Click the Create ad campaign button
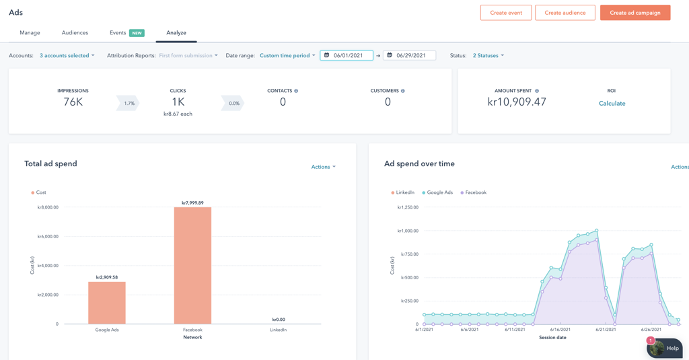click(x=634, y=13)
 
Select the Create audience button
click(x=565, y=13)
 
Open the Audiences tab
click(x=75, y=33)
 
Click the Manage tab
click(x=30, y=33)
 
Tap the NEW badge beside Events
click(x=137, y=33)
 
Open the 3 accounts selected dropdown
click(x=67, y=56)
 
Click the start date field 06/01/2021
click(x=347, y=56)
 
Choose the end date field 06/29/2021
click(x=410, y=56)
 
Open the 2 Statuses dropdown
click(x=488, y=56)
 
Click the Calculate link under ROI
click(x=612, y=104)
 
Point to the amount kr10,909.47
click(x=517, y=102)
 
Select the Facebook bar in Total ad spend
click(x=192, y=265)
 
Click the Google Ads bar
click(x=107, y=303)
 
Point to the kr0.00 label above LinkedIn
click(x=279, y=320)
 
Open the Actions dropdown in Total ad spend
click(x=323, y=167)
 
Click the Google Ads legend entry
click(x=439, y=192)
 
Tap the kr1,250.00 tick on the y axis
click(x=408, y=207)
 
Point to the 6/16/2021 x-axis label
click(x=560, y=330)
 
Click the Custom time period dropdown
click(x=287, y=56)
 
